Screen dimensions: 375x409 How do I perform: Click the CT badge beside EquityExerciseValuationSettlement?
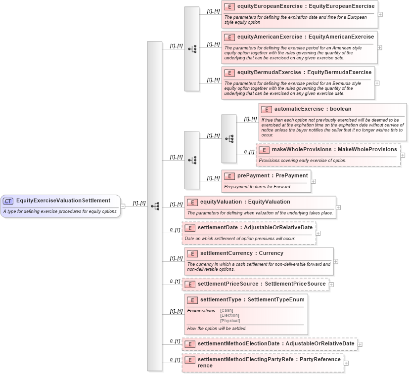[8, 201]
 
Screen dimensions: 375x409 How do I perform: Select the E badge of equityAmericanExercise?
[228, 37]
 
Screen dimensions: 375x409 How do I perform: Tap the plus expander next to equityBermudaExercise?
[377, 83]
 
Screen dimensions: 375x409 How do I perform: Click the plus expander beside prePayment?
[313, 181]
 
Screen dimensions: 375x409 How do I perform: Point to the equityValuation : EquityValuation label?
[245, 202]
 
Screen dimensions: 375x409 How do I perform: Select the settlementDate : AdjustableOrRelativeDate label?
[255, 228]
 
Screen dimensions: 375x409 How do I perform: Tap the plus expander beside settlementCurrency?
[336, 261]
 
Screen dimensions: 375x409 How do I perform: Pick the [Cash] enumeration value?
[227, 310]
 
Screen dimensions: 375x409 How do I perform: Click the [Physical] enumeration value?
[230, 321]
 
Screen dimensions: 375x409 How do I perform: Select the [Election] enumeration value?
[229, 315]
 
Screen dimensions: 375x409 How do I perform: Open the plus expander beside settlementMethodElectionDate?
[360, 344]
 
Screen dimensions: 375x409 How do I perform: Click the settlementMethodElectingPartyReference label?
[269, 362]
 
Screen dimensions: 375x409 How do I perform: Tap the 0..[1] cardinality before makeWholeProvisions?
[249, 152]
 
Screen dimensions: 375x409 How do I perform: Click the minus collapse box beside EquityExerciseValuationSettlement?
[123, 207]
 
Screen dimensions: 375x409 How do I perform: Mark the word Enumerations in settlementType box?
[201, 311]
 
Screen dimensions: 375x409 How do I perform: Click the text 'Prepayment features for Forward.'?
[257, 187]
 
